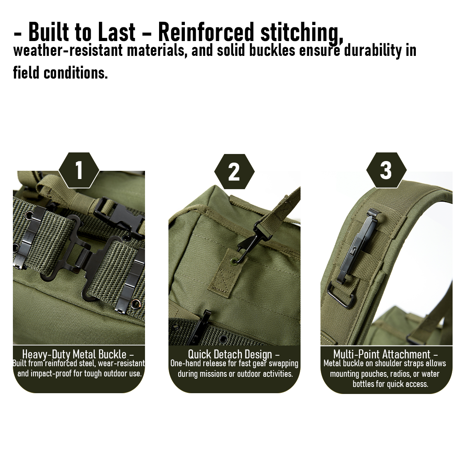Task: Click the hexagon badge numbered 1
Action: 79,170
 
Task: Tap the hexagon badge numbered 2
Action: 234,172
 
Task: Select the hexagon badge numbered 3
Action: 386,170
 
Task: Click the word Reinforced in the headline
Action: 206,32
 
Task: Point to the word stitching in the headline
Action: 302,33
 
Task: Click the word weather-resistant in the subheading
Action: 68,51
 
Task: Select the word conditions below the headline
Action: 75,73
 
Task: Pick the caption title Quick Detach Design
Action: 230,354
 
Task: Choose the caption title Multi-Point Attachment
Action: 382,354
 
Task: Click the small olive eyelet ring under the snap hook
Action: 235,261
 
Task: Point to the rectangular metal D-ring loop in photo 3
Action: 341,295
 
